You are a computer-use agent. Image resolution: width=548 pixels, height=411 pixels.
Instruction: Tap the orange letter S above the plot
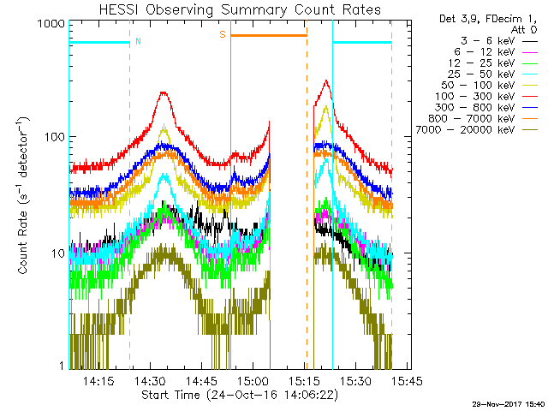pos(223,34)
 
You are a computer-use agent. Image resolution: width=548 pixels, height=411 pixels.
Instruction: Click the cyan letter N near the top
pos(139,41)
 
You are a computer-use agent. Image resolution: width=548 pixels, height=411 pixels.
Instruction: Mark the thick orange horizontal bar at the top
pos(268,35)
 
